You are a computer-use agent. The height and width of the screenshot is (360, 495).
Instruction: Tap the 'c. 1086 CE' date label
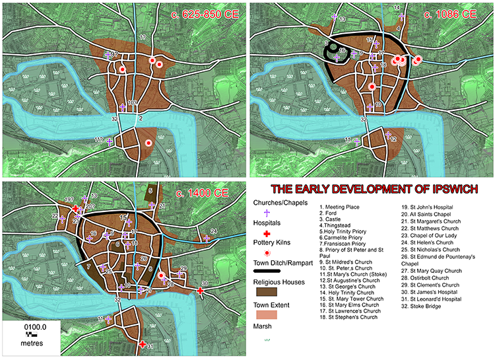point(449,14)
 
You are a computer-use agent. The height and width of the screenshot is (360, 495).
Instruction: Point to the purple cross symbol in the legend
point(267,213)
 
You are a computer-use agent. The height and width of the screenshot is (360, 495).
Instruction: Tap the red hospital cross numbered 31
point(143,344)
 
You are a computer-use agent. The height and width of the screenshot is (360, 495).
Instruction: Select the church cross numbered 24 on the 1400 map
point(207,238)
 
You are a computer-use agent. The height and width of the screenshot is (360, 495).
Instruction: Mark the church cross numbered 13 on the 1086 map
point(335,18)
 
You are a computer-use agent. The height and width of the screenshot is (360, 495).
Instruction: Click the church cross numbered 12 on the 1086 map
point(385,139)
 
